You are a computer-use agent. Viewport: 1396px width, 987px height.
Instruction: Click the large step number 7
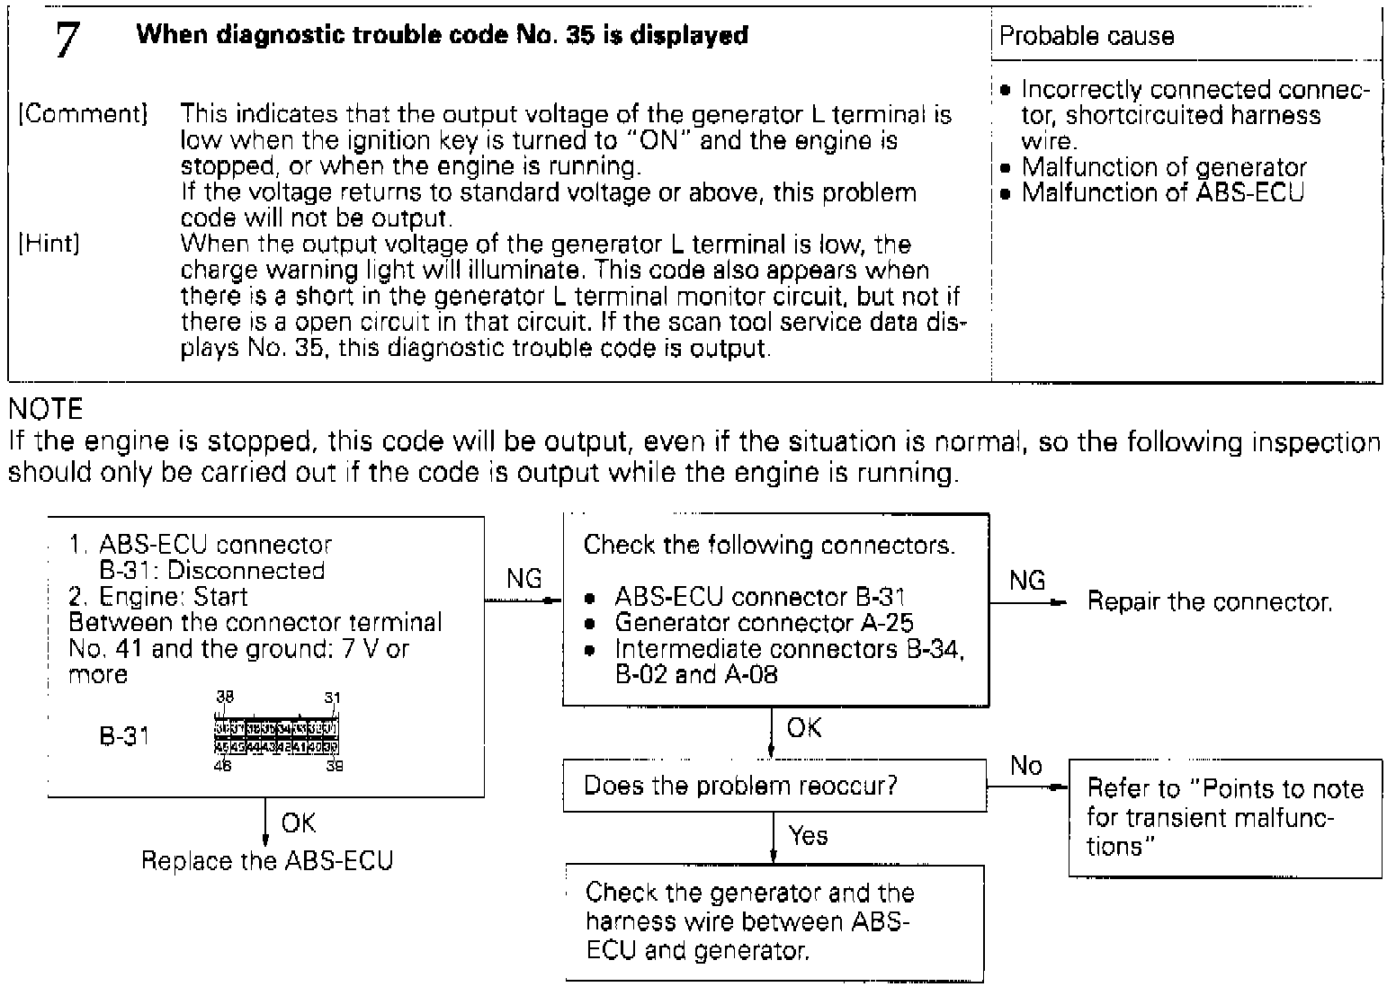pyautogui.click(x=67, y=40)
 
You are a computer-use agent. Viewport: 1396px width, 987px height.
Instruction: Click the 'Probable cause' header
pyautogui.click(x=1087, y=36)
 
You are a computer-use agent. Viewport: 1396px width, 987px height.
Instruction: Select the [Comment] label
pyautogui.click(x=82, y=114)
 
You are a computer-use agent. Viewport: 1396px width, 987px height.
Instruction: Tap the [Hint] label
pyautogui.click(x=49, y=244)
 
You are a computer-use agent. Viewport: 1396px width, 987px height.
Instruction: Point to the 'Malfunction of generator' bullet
pyautogui.click(x=1163, y=167)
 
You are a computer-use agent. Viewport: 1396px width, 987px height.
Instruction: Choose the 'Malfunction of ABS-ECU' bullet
pyautogui.click(x=1161, y=192)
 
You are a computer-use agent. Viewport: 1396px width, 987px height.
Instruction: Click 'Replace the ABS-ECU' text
pyautogui.click(x=267, y=860)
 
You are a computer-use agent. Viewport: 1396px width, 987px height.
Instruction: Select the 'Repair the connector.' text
pyautogui.click(x=1210, y=601)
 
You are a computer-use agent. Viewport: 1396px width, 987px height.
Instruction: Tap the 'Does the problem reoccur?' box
pyautogui.click(x=774, y=786)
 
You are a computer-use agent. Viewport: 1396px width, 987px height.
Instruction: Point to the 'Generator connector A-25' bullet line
pyautogui.click(x=764, y=622)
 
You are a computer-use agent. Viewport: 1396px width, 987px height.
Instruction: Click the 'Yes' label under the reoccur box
pyautogui.click(x=807, y=836)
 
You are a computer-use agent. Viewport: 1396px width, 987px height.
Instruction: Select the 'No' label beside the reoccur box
pyautogui.click(x=1025, y=766)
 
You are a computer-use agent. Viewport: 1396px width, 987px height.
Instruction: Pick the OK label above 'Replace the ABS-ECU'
pyautogui.click(x=298, y=823)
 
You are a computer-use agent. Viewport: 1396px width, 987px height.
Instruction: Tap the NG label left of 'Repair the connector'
pyautogui.click(x=1027, y=581)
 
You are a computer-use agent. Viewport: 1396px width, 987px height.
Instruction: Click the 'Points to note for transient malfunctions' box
pyautogui.click(x=1224, y=817)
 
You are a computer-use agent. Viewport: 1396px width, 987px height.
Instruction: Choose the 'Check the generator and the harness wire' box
pyautogui.click(x=774, y=922)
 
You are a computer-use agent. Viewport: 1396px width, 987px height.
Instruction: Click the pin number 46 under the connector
pyautogui.click(x=222, y=767)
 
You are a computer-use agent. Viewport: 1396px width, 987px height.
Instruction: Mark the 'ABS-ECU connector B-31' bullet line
pyautogui.click(x=759, y=596)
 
